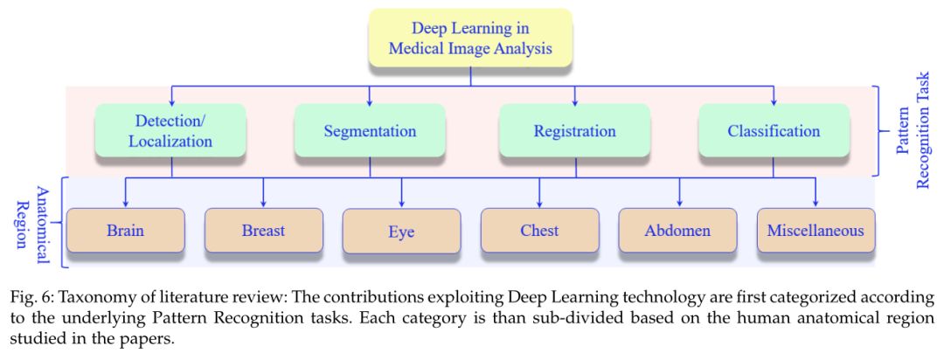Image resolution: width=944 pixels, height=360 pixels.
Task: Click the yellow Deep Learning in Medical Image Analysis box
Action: tap(471, 38)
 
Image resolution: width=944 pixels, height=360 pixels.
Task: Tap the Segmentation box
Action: tap(369, 131)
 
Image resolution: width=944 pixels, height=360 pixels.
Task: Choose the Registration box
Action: tap(574, 131)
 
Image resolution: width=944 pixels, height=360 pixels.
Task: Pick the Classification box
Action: tap(774, 131)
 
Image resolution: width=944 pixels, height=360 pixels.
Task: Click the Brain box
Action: tap(125, 231)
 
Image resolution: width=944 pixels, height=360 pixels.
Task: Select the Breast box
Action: tap(263, 231)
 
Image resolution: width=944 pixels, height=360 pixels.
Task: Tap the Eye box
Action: tap(401, 232)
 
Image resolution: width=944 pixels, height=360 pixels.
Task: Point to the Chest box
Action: tap(539, 231)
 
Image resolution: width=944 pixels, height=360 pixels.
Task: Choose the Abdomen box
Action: tap(677, 231)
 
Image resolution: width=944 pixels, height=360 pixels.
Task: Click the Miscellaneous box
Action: tap(816, 231)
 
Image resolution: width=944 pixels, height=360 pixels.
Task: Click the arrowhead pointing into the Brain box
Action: tap(125, 203)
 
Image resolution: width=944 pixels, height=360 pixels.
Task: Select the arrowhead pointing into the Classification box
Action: tap(774, 100)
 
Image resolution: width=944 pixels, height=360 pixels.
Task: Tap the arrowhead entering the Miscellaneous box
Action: tap(816, 203)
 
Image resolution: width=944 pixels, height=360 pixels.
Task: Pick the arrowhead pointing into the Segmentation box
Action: tap(369, 100)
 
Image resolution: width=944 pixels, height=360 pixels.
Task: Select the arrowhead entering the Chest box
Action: tap(539, 203)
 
